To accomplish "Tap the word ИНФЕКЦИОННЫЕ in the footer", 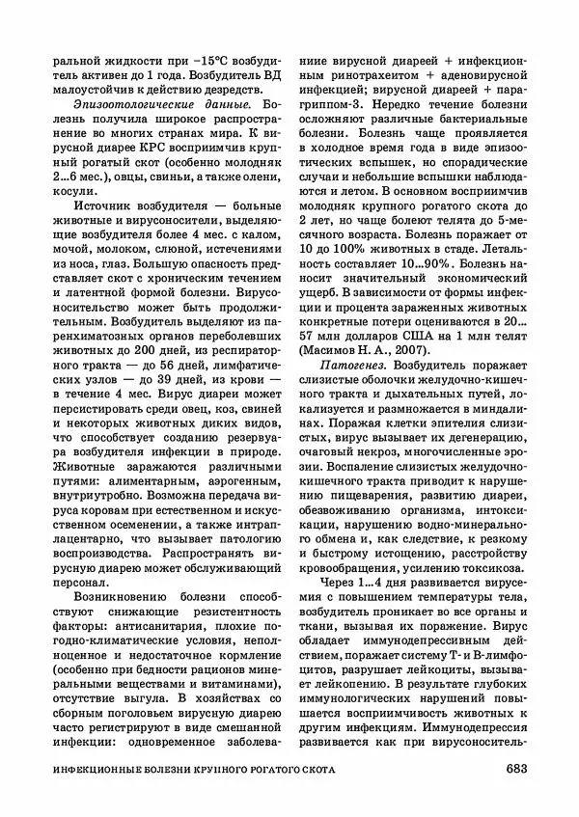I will click(101, 770).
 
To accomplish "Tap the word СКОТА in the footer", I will click(362, 770).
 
